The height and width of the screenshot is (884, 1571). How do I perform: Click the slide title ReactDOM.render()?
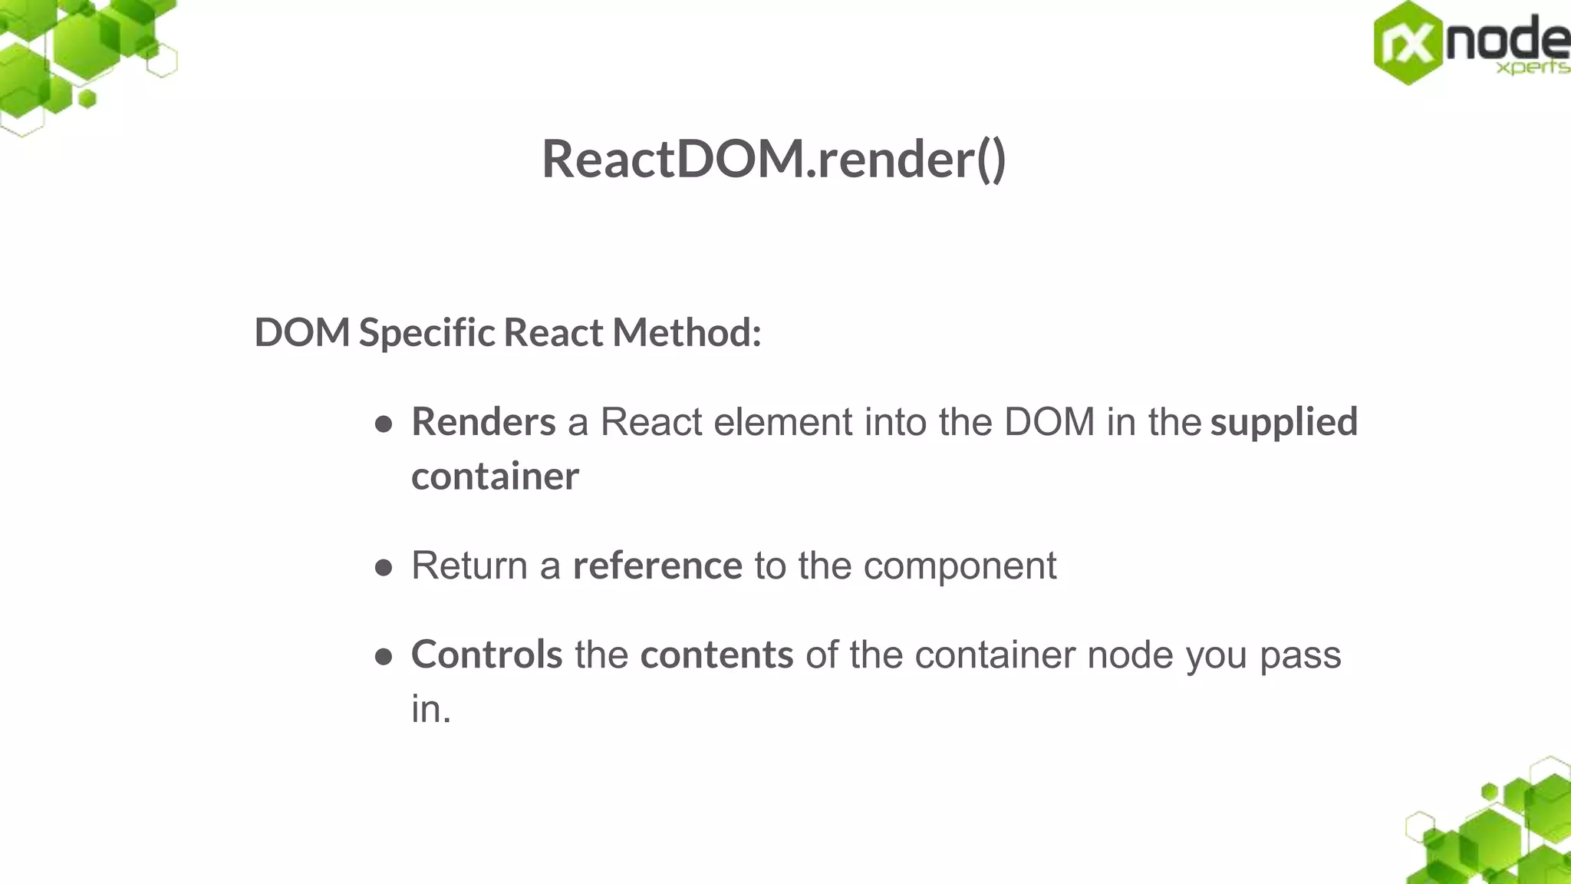(773, 160)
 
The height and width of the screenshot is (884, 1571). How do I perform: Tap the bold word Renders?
(483, 422)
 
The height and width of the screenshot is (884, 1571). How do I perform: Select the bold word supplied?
(1283, 422)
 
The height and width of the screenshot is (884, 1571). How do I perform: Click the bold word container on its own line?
(495, 477)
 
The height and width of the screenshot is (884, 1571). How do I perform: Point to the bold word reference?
(657, 566)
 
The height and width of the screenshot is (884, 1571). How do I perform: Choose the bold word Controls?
(487, 655)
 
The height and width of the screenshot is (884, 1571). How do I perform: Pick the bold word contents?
(716, 655)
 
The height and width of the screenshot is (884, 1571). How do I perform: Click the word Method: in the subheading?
(687, 333)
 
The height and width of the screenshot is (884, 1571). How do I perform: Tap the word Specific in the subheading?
(427, 333)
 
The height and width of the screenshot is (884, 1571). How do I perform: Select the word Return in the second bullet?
(469, 566)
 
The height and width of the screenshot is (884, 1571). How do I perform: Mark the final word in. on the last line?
(430, 709)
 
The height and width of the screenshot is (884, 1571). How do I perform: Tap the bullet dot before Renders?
(384, 424)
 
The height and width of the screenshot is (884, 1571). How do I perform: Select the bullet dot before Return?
(384, 568)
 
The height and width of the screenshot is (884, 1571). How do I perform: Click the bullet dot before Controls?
(384, 657)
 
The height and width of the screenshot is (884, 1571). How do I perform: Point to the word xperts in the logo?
(1532, 68)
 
